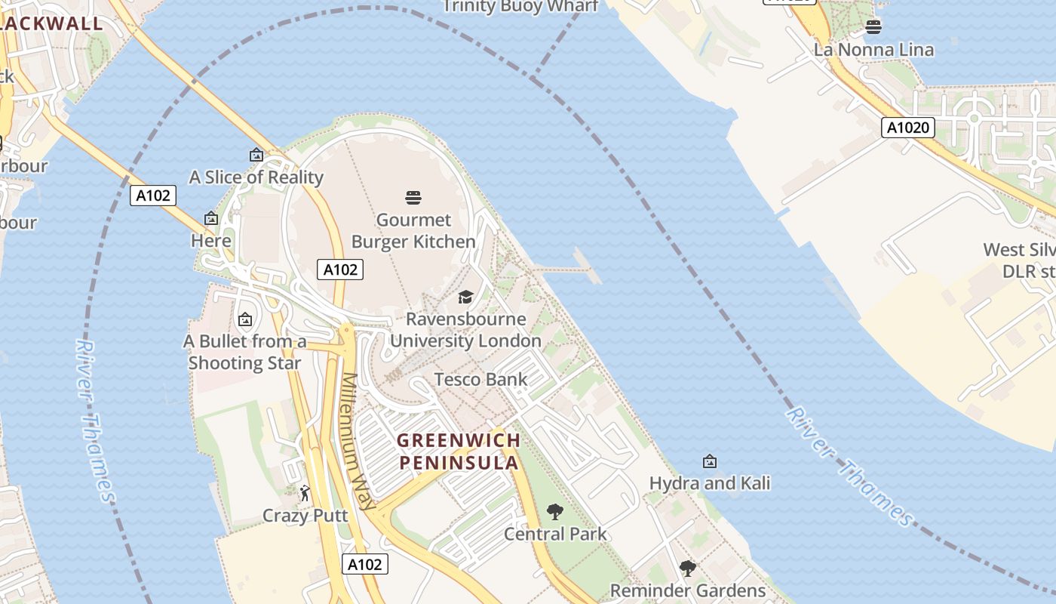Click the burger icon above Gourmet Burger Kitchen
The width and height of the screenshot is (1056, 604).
(413, 198)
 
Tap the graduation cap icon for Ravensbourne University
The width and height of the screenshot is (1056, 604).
(465, 297)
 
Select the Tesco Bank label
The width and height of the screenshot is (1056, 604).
(480, 380)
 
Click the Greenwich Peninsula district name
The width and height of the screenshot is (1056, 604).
(459, 451)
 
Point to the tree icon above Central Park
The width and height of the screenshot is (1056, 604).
(555, 512)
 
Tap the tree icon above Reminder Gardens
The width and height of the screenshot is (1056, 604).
(687, 569)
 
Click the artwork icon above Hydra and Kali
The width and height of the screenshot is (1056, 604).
(709, 461)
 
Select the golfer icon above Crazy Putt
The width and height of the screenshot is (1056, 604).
(305, 494)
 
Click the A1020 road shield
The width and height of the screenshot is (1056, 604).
(908, 128)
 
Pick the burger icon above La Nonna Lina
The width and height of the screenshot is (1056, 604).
(873, 27)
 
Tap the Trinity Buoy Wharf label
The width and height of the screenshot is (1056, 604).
(520, 7)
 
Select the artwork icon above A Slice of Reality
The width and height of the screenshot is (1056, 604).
(256, 155)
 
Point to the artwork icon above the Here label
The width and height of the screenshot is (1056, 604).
(211, 219)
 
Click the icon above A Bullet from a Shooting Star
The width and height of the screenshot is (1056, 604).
(244, 319)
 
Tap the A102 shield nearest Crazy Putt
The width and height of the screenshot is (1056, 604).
(365, 564)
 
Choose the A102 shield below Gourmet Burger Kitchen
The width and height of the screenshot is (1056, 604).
(340, 270)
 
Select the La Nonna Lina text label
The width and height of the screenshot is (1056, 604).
(873, 50)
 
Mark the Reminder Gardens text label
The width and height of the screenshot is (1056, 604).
(687, 590)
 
